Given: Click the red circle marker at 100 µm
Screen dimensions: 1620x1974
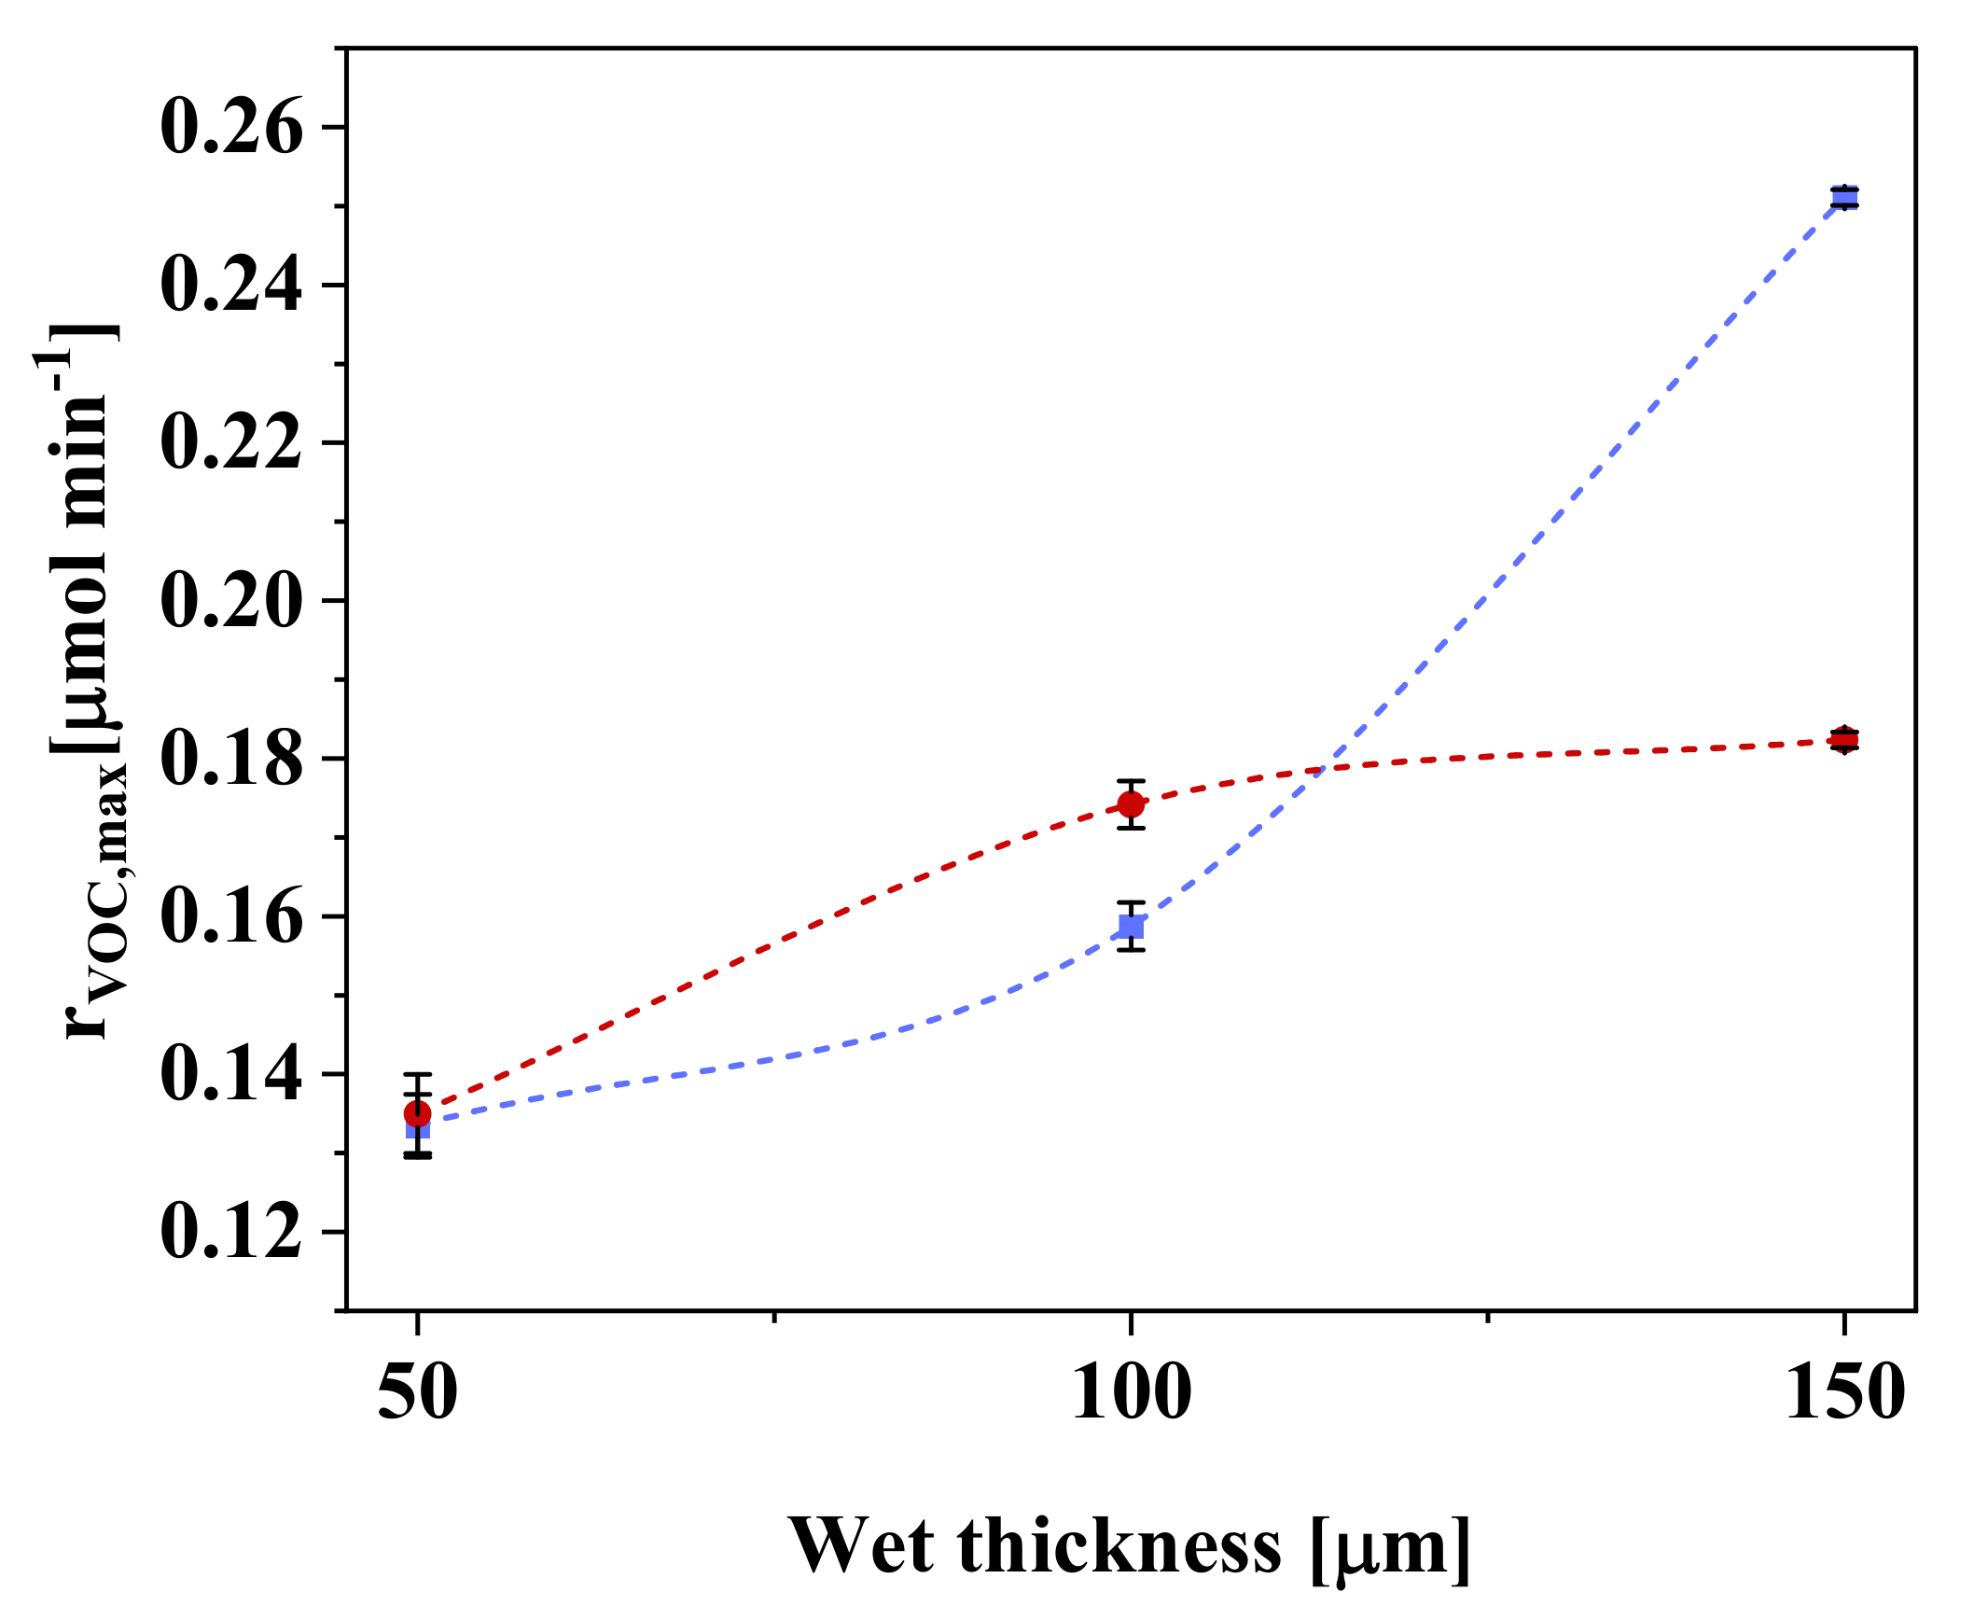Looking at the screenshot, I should [1131, 803].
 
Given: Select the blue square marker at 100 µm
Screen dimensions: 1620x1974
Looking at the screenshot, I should [1131, 926].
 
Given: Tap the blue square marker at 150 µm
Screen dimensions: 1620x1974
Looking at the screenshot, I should [1843, 198].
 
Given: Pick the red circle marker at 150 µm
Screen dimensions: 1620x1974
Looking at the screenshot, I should [1843, 740].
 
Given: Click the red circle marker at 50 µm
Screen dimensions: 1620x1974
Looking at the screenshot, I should [417, 1113].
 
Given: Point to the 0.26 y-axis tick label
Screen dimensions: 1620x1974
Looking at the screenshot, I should [231, 128].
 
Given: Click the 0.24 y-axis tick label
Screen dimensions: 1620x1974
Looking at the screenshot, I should [231, 285].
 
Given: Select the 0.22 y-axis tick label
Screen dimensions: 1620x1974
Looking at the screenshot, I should [231, 442].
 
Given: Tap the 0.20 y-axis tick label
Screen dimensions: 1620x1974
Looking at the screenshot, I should [231, 600].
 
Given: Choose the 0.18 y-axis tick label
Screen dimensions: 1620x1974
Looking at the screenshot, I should [231, 759].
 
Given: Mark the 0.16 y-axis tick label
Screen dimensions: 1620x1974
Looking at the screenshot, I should [231, 916].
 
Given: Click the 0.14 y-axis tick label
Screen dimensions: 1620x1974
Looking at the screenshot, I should [231, 1074].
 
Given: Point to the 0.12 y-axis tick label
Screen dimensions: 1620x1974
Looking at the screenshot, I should [231, 1232].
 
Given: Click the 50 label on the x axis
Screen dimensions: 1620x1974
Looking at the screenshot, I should [417, 1393].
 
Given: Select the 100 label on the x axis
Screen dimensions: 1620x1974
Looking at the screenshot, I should [1131, 1393].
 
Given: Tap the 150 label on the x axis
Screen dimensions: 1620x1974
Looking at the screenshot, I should [1843, 1393].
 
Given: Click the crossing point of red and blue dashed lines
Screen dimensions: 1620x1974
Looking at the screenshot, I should [1325, 769].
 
